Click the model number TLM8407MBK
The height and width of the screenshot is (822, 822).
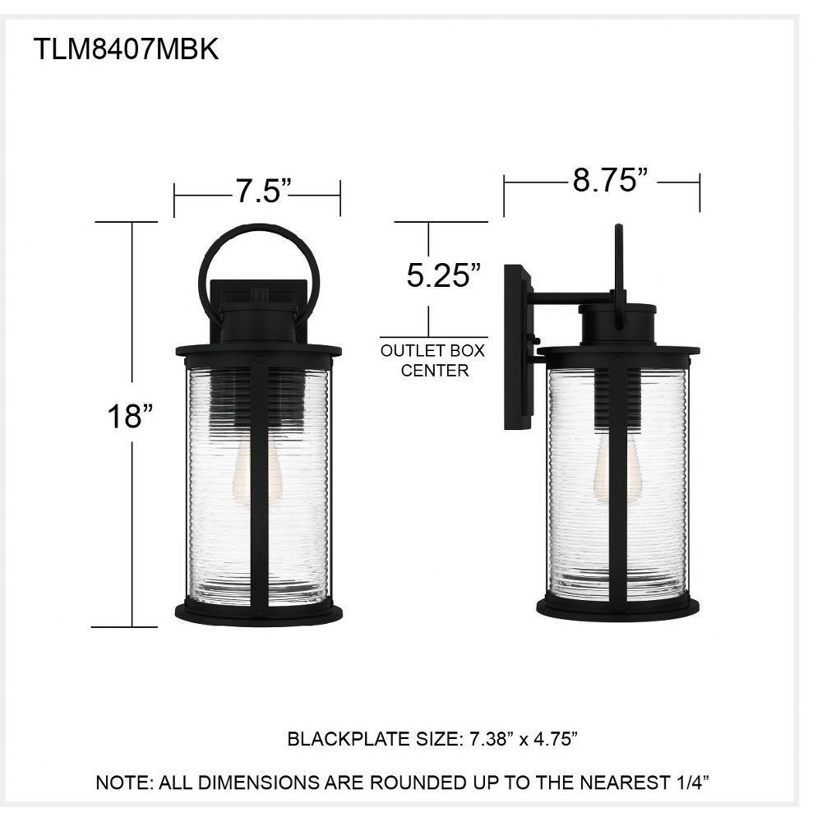click(x=126, y=50)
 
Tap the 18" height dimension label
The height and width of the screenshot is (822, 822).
click(x=130, y=417)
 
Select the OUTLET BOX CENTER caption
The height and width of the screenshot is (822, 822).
click(x=433, y=361)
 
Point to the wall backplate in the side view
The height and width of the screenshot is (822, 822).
click(x=517, y=347)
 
